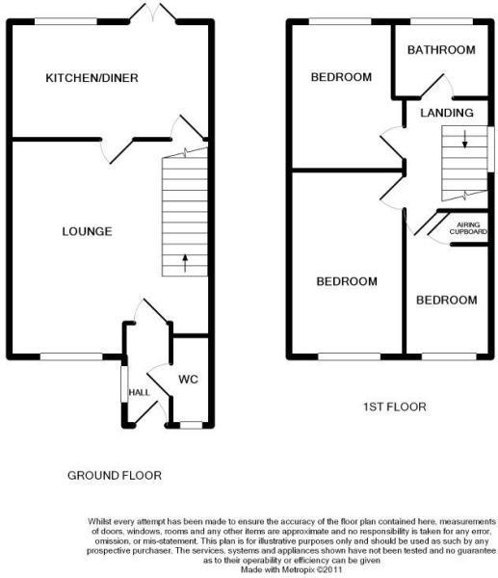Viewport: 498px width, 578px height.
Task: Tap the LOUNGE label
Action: click(87, 231)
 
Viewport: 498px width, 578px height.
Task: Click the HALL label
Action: click(140, 392)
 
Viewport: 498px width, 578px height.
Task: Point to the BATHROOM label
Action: click(441, 50)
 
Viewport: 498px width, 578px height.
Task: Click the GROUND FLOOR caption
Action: click(114, 476)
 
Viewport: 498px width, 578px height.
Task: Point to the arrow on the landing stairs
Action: click(464, 143)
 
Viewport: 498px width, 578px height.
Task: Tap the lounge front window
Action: click(70, 356)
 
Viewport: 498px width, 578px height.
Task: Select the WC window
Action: click(192, 424)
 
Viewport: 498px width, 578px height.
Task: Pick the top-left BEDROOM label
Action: click(340, 77)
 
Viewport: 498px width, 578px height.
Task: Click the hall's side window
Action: click(122, 383)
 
